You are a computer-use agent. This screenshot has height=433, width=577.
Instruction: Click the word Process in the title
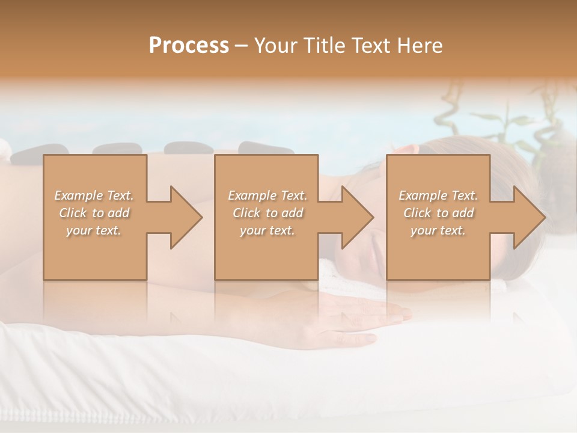189,46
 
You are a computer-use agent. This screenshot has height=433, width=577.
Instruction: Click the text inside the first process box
94,213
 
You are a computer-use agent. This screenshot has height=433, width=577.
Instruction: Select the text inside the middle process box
267,213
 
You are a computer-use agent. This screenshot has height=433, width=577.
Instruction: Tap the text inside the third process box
438,213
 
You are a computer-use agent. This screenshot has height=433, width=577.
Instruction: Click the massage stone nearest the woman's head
265,149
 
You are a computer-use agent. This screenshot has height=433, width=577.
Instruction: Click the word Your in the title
275,46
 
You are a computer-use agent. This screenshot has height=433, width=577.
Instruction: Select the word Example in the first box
78,195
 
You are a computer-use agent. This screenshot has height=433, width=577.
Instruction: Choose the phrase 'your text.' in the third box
438,230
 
